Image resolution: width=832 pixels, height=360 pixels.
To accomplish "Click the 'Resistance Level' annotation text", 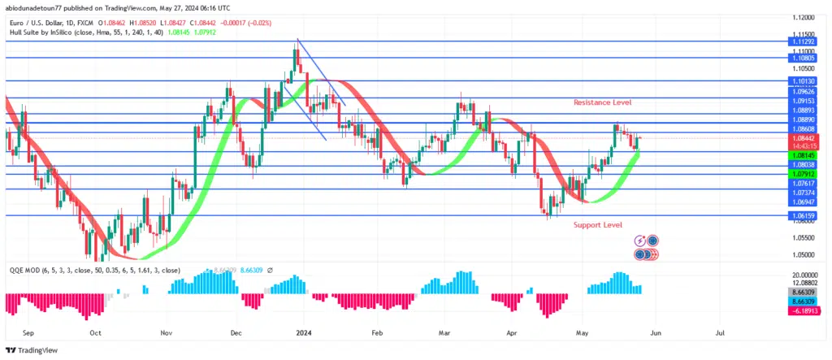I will click(x=602, y=102).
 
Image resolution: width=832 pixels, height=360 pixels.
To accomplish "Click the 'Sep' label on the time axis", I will click(x=28, y=332).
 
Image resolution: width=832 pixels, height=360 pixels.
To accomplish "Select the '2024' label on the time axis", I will click(x=304, y=332).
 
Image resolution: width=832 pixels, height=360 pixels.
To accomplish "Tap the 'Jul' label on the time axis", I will click(x=720, y=332).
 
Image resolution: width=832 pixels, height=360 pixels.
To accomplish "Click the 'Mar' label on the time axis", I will click(x=444, y=332).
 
